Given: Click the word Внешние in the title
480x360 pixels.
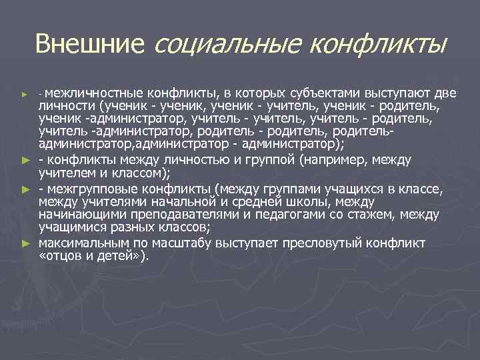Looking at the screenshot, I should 90,45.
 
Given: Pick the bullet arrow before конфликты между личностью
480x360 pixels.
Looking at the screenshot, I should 25,160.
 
